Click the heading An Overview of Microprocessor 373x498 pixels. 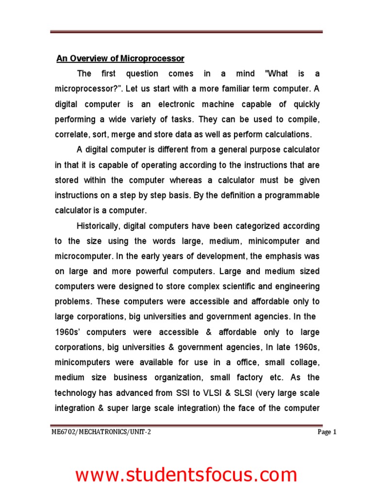120,59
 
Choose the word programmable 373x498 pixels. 291,196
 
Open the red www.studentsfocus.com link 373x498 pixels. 186,475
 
